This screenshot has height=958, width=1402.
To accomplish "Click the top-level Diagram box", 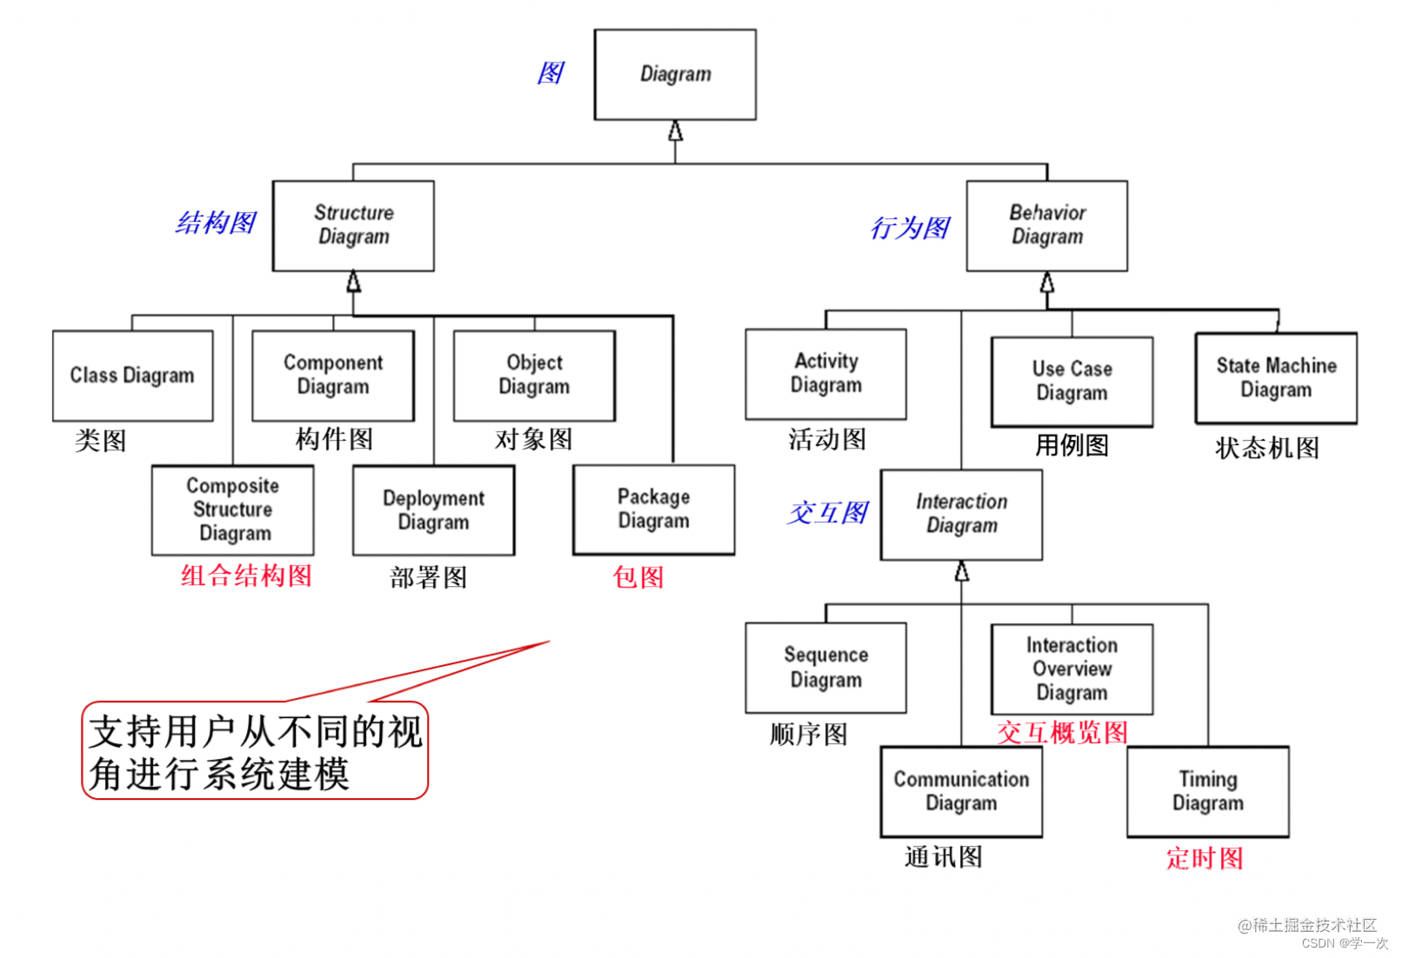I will tap(675, 75).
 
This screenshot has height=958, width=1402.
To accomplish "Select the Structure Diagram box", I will tap(353, 225).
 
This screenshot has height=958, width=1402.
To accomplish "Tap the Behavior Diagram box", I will tap(1046, 225).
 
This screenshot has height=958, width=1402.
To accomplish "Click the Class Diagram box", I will tap(132, 376).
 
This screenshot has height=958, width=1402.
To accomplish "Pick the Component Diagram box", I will tap(333, 375).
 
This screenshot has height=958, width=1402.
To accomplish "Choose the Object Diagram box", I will tap(534, 375).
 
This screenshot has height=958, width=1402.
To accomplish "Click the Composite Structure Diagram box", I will tap(232, 509).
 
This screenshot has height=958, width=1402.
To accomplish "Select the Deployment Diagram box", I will tap(433, 510).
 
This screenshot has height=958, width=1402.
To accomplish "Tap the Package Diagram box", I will tap(653, 509).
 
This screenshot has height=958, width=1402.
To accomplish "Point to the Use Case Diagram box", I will tap(1072, 382).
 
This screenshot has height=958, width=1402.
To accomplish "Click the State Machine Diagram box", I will tap(1276, 378).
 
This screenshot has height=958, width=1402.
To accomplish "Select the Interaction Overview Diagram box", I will tap(1072, 669).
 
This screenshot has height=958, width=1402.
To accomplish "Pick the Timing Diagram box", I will tap(1207, 791).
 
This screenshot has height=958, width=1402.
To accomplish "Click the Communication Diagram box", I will tap(961, 791).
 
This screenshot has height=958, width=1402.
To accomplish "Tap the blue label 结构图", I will tap(216, 223).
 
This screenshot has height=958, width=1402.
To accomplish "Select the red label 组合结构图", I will tap(246, 575).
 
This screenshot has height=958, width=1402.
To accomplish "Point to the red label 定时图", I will tap(1205, 859).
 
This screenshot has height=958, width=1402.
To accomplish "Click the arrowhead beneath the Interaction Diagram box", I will tap(961, 571).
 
